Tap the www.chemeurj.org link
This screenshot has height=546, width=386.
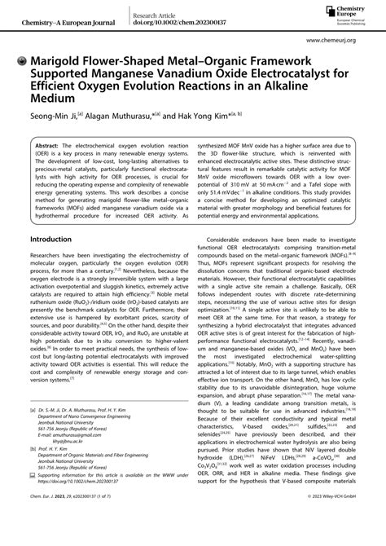pyautogui.click(x=342, y=38)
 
